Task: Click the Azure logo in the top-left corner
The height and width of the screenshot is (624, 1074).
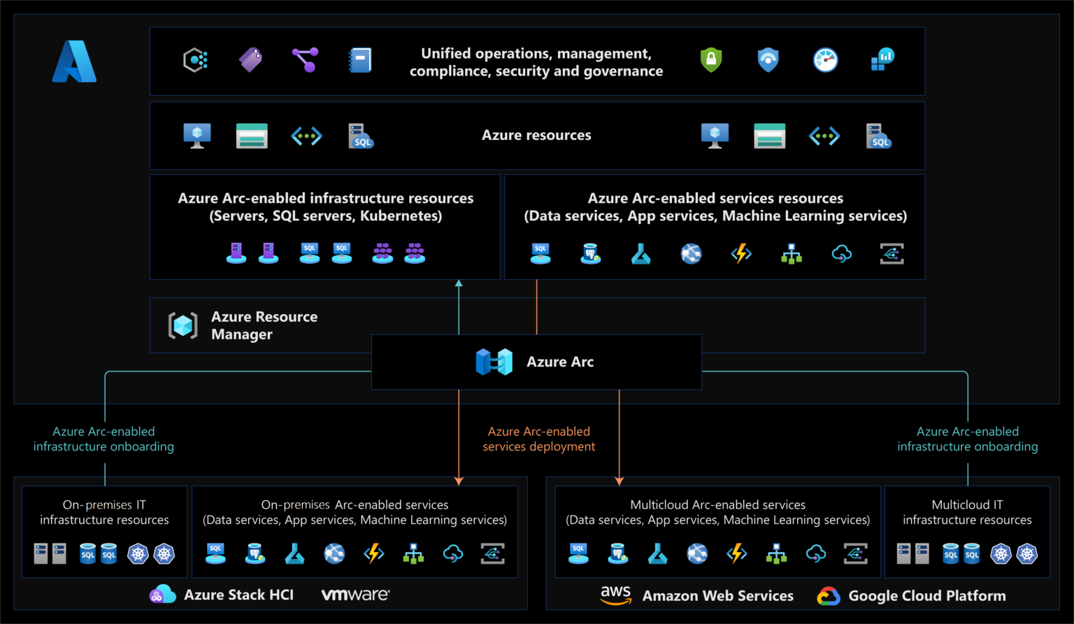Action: (x=74, y=62)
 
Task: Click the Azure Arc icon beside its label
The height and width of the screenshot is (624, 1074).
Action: (x=494, y=362)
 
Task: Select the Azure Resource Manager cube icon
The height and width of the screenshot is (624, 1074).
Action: (x=183, y=325)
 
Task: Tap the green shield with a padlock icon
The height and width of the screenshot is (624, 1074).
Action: (x=711, y=60)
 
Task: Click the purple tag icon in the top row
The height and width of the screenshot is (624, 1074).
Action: (x=250, y=60)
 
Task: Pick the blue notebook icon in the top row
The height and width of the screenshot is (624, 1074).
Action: (x=360, y=61)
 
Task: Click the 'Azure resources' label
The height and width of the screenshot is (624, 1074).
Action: (x=536, y=135)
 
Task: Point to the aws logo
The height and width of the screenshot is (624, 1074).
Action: (x=615, y=595)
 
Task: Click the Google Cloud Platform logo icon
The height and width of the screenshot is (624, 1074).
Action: (x=829, y=596)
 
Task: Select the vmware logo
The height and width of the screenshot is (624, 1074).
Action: (x=355, y=595)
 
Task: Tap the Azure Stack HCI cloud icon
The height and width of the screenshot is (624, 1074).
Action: (x=162, y=594)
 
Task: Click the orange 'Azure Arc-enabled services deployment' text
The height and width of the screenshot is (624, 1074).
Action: (x=538, y=439)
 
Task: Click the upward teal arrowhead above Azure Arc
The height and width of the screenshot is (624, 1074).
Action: (x=459, y=283)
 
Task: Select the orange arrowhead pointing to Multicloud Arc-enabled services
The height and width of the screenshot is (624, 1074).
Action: (x=619, y=481)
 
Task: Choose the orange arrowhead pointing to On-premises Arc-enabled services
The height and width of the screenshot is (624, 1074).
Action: (x=459, y=481)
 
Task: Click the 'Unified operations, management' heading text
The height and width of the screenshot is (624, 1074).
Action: (x=536, y=54)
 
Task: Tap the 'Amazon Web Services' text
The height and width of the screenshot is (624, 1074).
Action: (x=717, y=596)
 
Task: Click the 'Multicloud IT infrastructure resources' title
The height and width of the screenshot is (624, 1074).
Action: (x=967, y=512)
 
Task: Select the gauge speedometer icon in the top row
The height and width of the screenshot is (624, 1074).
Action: (x=825, y=60)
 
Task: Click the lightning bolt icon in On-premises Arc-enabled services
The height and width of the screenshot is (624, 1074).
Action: (x=374, y=553)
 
